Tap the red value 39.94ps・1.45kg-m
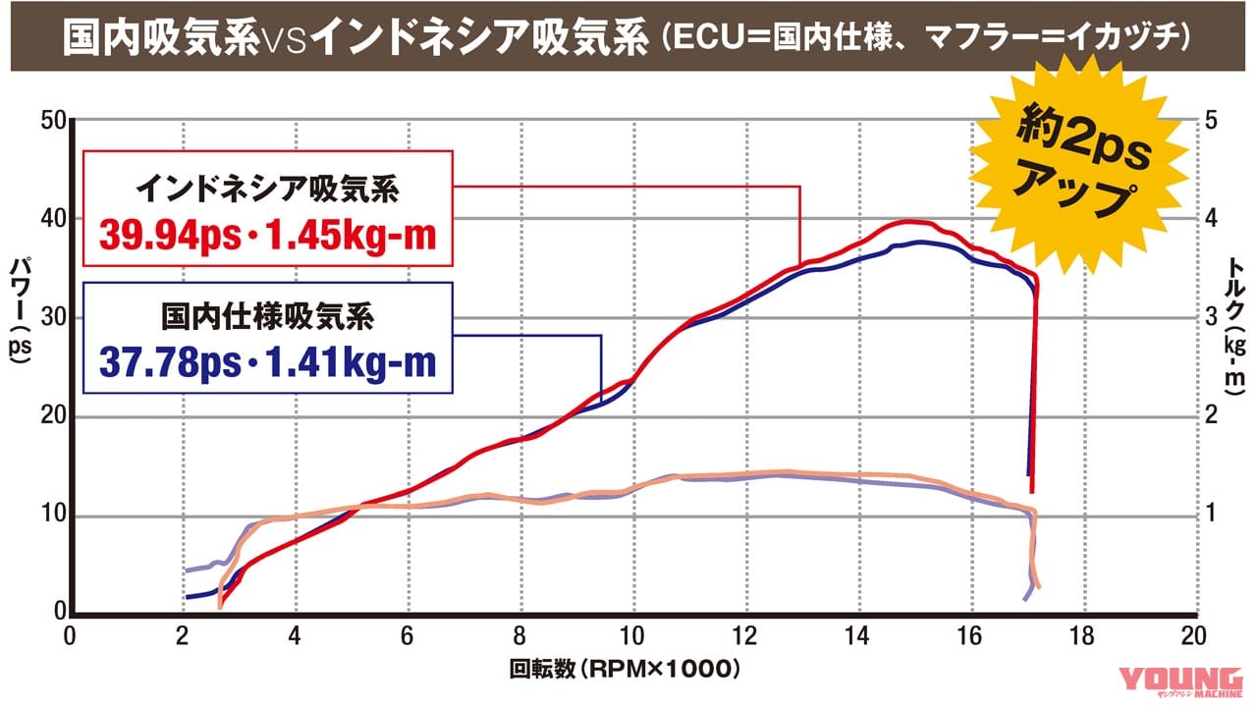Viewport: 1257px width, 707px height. coord(267,238)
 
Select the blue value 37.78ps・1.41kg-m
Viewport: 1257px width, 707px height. coord(267,362)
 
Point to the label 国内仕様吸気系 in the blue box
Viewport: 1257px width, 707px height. coord(267,316)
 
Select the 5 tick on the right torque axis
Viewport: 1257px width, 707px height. coord(1211,121)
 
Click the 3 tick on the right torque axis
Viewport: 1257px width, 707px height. coord(1211,318)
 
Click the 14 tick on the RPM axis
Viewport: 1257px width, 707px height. coord(857,635)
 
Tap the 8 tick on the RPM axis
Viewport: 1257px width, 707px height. coord(519,635)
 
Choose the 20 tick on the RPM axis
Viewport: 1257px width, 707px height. coord(1193,635)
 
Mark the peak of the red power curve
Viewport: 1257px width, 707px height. coord(909,222)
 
